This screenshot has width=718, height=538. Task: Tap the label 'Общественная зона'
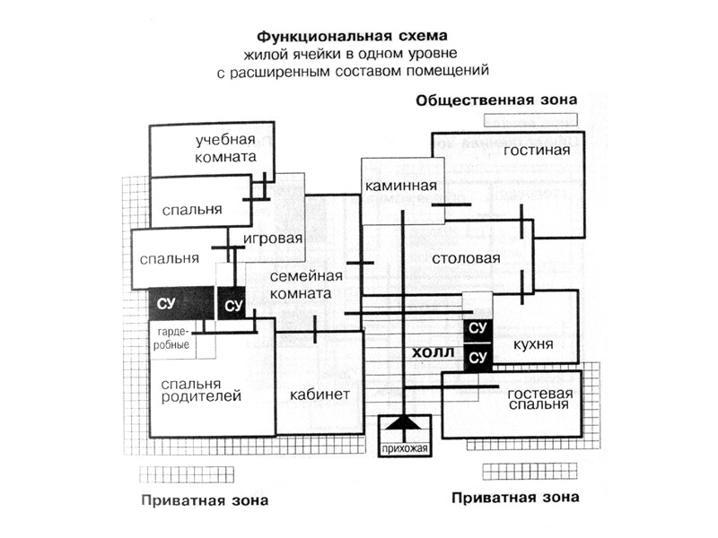tap(496, 100)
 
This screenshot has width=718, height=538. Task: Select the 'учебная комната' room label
tap(225, 148)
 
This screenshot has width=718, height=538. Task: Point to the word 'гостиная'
tap(537, 150)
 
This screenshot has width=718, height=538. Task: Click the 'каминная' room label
tap(401, 187)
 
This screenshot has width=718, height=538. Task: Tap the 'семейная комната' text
tap(306, 285)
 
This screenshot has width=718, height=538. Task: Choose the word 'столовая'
tap(465, 259)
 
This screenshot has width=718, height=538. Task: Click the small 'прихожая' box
tap(401, 448)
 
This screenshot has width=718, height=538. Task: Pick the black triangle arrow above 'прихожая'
tap(401, 425)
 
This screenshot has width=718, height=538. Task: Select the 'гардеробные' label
tap(171, 337)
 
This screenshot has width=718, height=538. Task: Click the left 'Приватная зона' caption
tap(204, 499)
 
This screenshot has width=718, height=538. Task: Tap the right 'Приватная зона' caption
tap(515, 497)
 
